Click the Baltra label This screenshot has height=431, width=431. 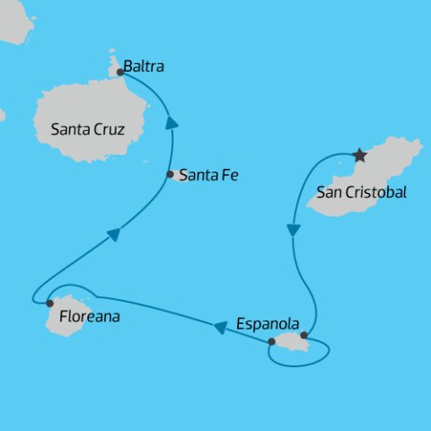coord(144,66)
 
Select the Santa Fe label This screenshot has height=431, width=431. coord(207,175)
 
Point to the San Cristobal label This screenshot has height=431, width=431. coord(363,192)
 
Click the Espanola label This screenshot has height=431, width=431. coord(266,323)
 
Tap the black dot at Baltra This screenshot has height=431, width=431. coord(119,72)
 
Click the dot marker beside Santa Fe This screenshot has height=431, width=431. coord(170,174)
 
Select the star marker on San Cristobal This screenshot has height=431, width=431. coord(360,155)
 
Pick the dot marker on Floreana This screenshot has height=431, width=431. coord(49,303)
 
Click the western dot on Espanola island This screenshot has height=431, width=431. coord(271,341)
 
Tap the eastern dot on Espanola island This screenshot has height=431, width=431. coord(303,335)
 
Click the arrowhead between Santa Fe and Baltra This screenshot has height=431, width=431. coord(171,124)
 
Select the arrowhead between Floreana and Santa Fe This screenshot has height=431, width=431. coord(113,235)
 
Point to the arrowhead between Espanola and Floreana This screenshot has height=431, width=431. coord(220,327)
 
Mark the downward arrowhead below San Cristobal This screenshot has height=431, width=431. coord(293,230)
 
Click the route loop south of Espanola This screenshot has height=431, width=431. coord(301,362)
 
